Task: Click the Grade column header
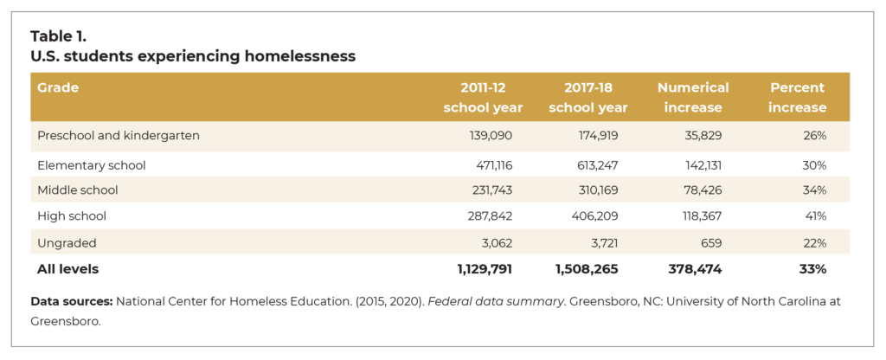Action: [58, 87]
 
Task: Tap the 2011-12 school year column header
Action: [483, 98]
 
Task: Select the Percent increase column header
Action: [798, 98]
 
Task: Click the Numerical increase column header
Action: [692, 98]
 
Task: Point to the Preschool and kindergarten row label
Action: [119, 136]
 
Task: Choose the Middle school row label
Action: [78, 190]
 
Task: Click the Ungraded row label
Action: [67, 242]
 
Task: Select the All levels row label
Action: [67, 269]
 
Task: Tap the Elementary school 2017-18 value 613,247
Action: [596, 164]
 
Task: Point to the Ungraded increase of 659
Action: [709, 242]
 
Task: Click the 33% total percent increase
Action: [813, 269]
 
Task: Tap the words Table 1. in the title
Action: [59, 36]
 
